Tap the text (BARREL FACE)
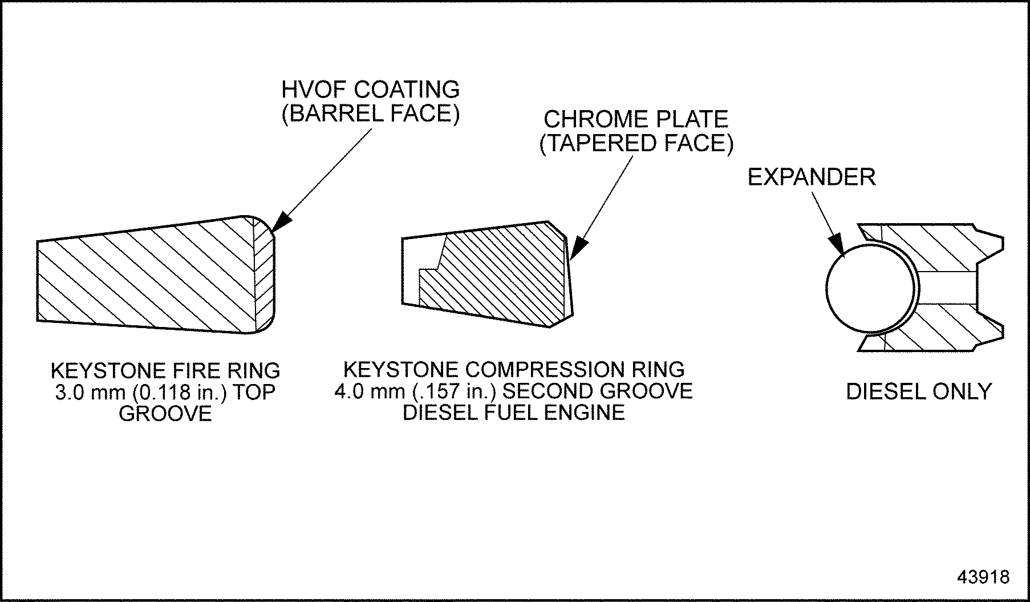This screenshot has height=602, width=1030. click(371, 114)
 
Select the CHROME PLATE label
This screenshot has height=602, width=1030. click(636, 119)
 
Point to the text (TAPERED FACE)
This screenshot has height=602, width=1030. click(636, 143)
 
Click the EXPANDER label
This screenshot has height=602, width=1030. click(811, 177)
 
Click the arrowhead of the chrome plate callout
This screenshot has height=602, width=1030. click(577, 251)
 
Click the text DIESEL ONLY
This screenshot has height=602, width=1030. click(919, 391)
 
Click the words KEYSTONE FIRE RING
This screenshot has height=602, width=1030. click(165, 371)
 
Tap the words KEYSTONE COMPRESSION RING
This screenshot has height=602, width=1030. click(513, 370)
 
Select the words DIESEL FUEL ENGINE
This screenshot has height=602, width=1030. click(513, 413)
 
